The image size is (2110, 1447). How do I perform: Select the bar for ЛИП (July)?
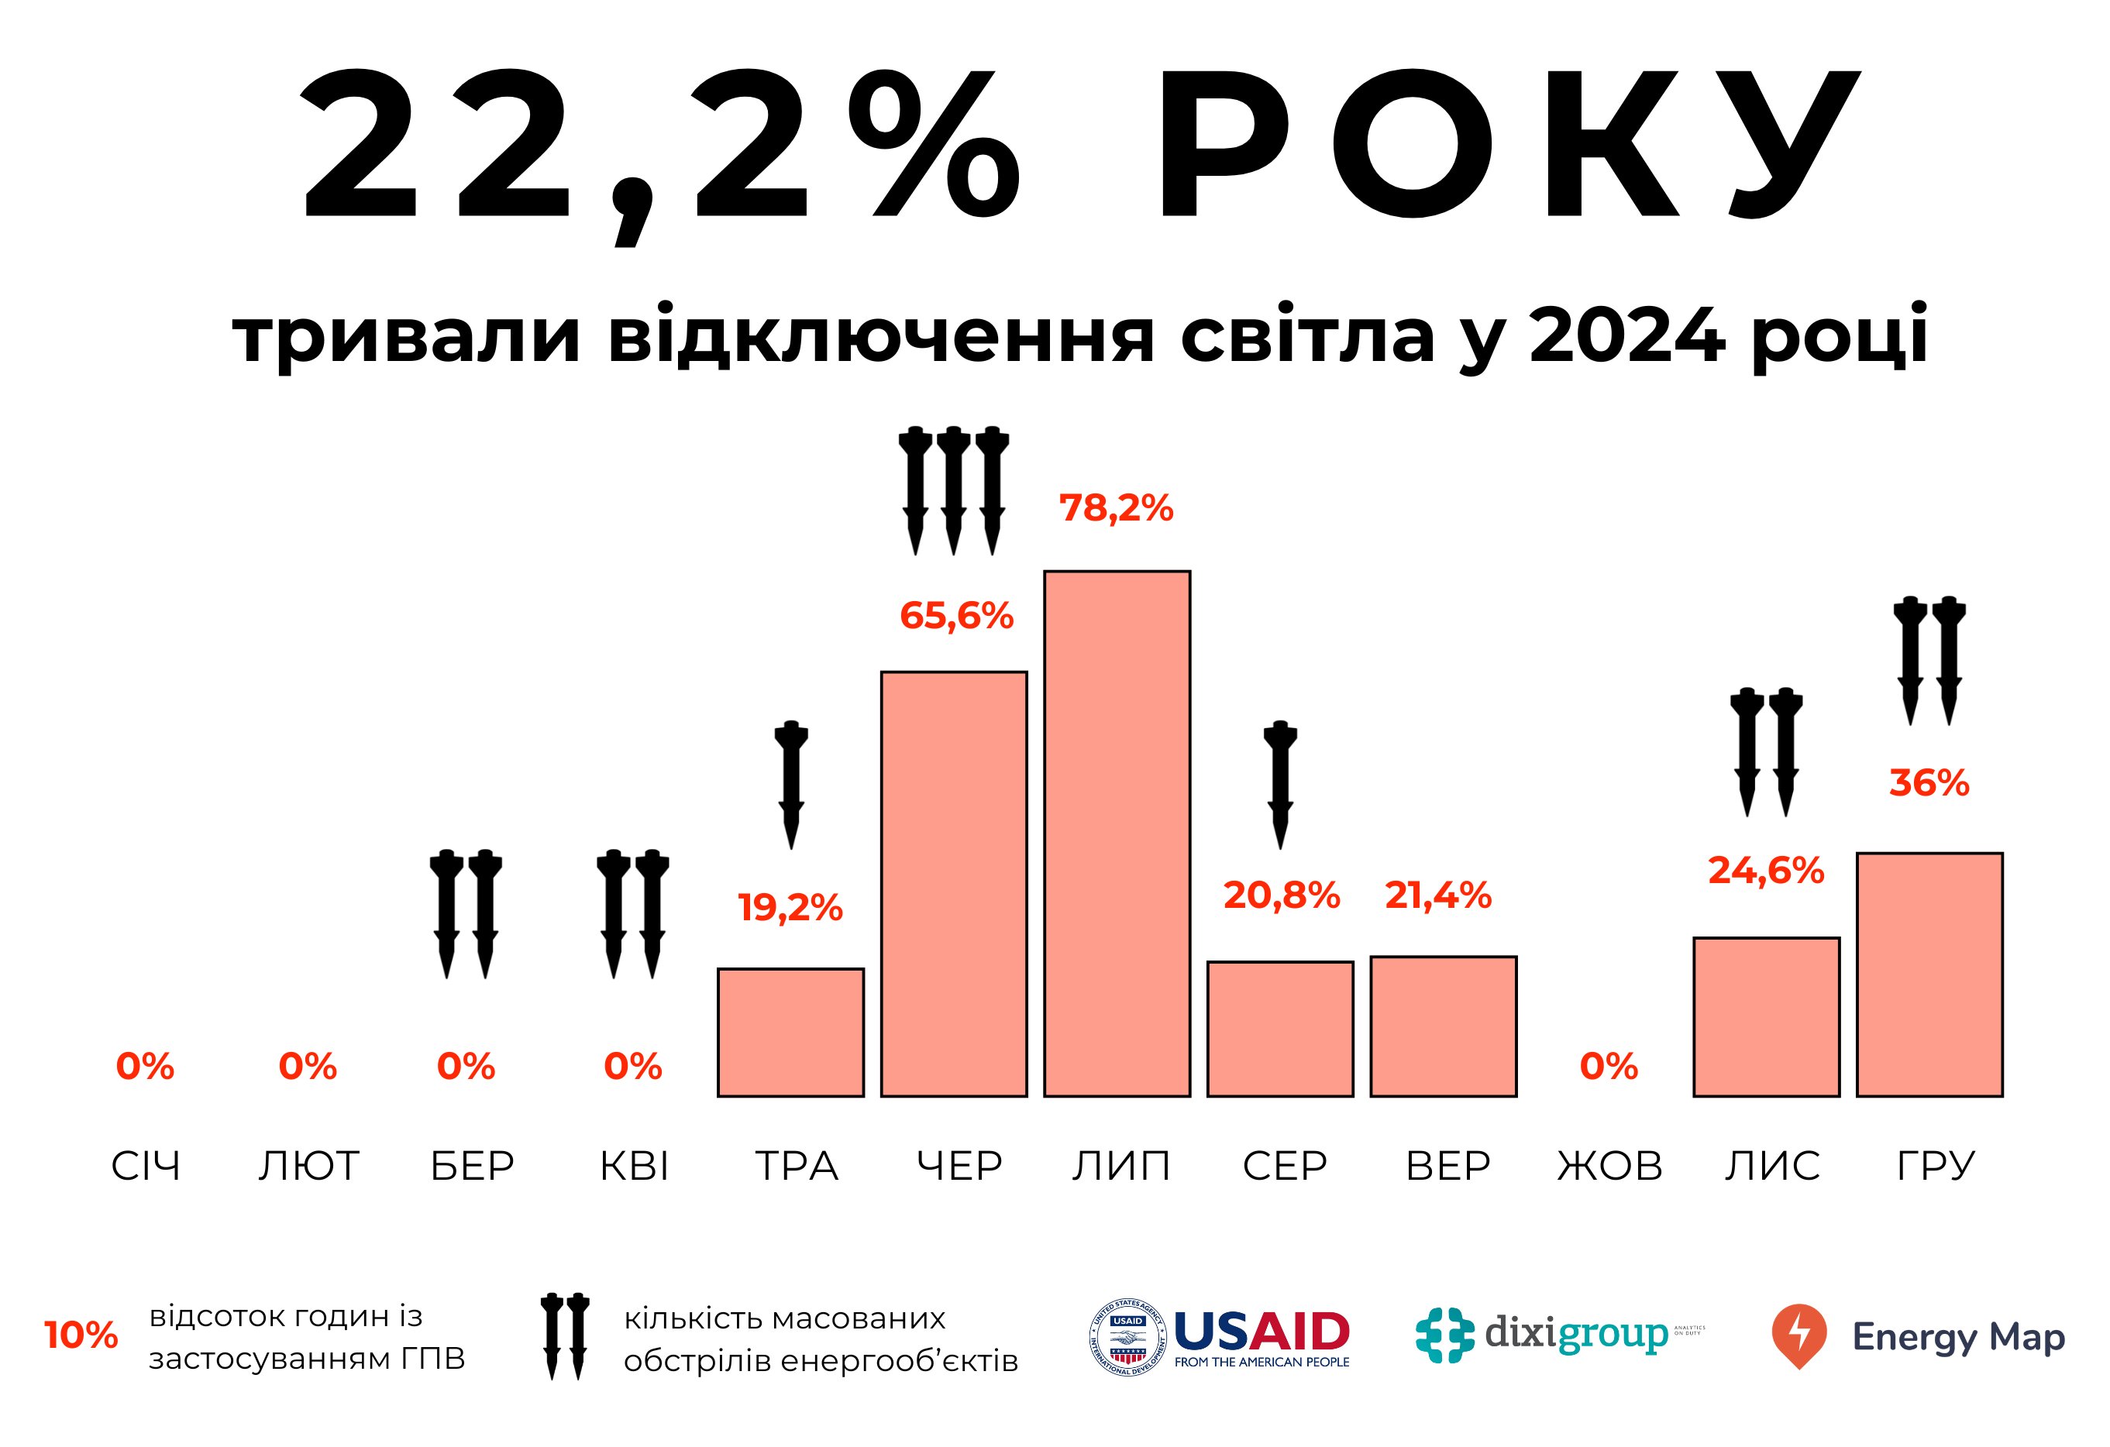[x=1117, y=833]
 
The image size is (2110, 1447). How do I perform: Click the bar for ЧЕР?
[x=953, y=883]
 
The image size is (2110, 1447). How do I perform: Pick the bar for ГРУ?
[x=1929, y=974]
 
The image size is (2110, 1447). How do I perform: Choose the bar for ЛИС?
[x=1766, y=1017]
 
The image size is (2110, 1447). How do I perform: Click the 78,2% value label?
[x=1116, y=508]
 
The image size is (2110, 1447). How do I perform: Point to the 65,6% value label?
[x=956, y=617]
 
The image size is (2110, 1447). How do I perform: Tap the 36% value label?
[x=1929, y=783]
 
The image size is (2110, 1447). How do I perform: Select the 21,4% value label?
[x=1437, y=896]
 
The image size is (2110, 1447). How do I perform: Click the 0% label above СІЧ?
[x=145, y=1066]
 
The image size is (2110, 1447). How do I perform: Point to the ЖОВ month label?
[x=1609, y=1167]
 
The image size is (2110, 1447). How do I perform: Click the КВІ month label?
[x=634, y=1167]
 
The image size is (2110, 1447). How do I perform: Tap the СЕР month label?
[x=1285, y=1167]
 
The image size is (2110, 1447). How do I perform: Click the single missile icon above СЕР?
[x=1280, y=785]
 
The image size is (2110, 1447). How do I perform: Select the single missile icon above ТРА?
[x=791, y=785]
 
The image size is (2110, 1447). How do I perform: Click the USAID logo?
[x=1220, y=1337]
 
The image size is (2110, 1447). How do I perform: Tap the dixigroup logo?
[x=1560, y=1335]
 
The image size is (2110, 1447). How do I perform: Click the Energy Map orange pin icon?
[x=1798, y=1335]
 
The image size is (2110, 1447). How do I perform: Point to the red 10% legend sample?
[x=81, y=1335]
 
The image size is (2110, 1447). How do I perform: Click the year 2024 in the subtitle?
[x=1626, y=334]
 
